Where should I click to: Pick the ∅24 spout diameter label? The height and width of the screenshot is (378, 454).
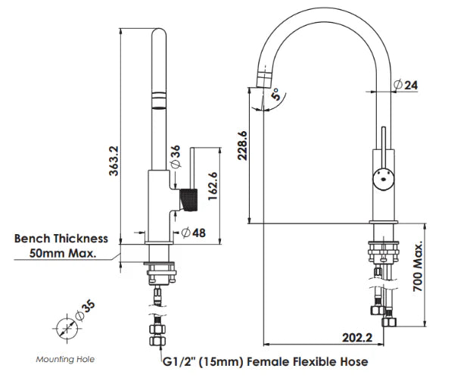(407, 86)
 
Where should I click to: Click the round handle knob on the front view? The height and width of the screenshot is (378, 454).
(384, 180)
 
